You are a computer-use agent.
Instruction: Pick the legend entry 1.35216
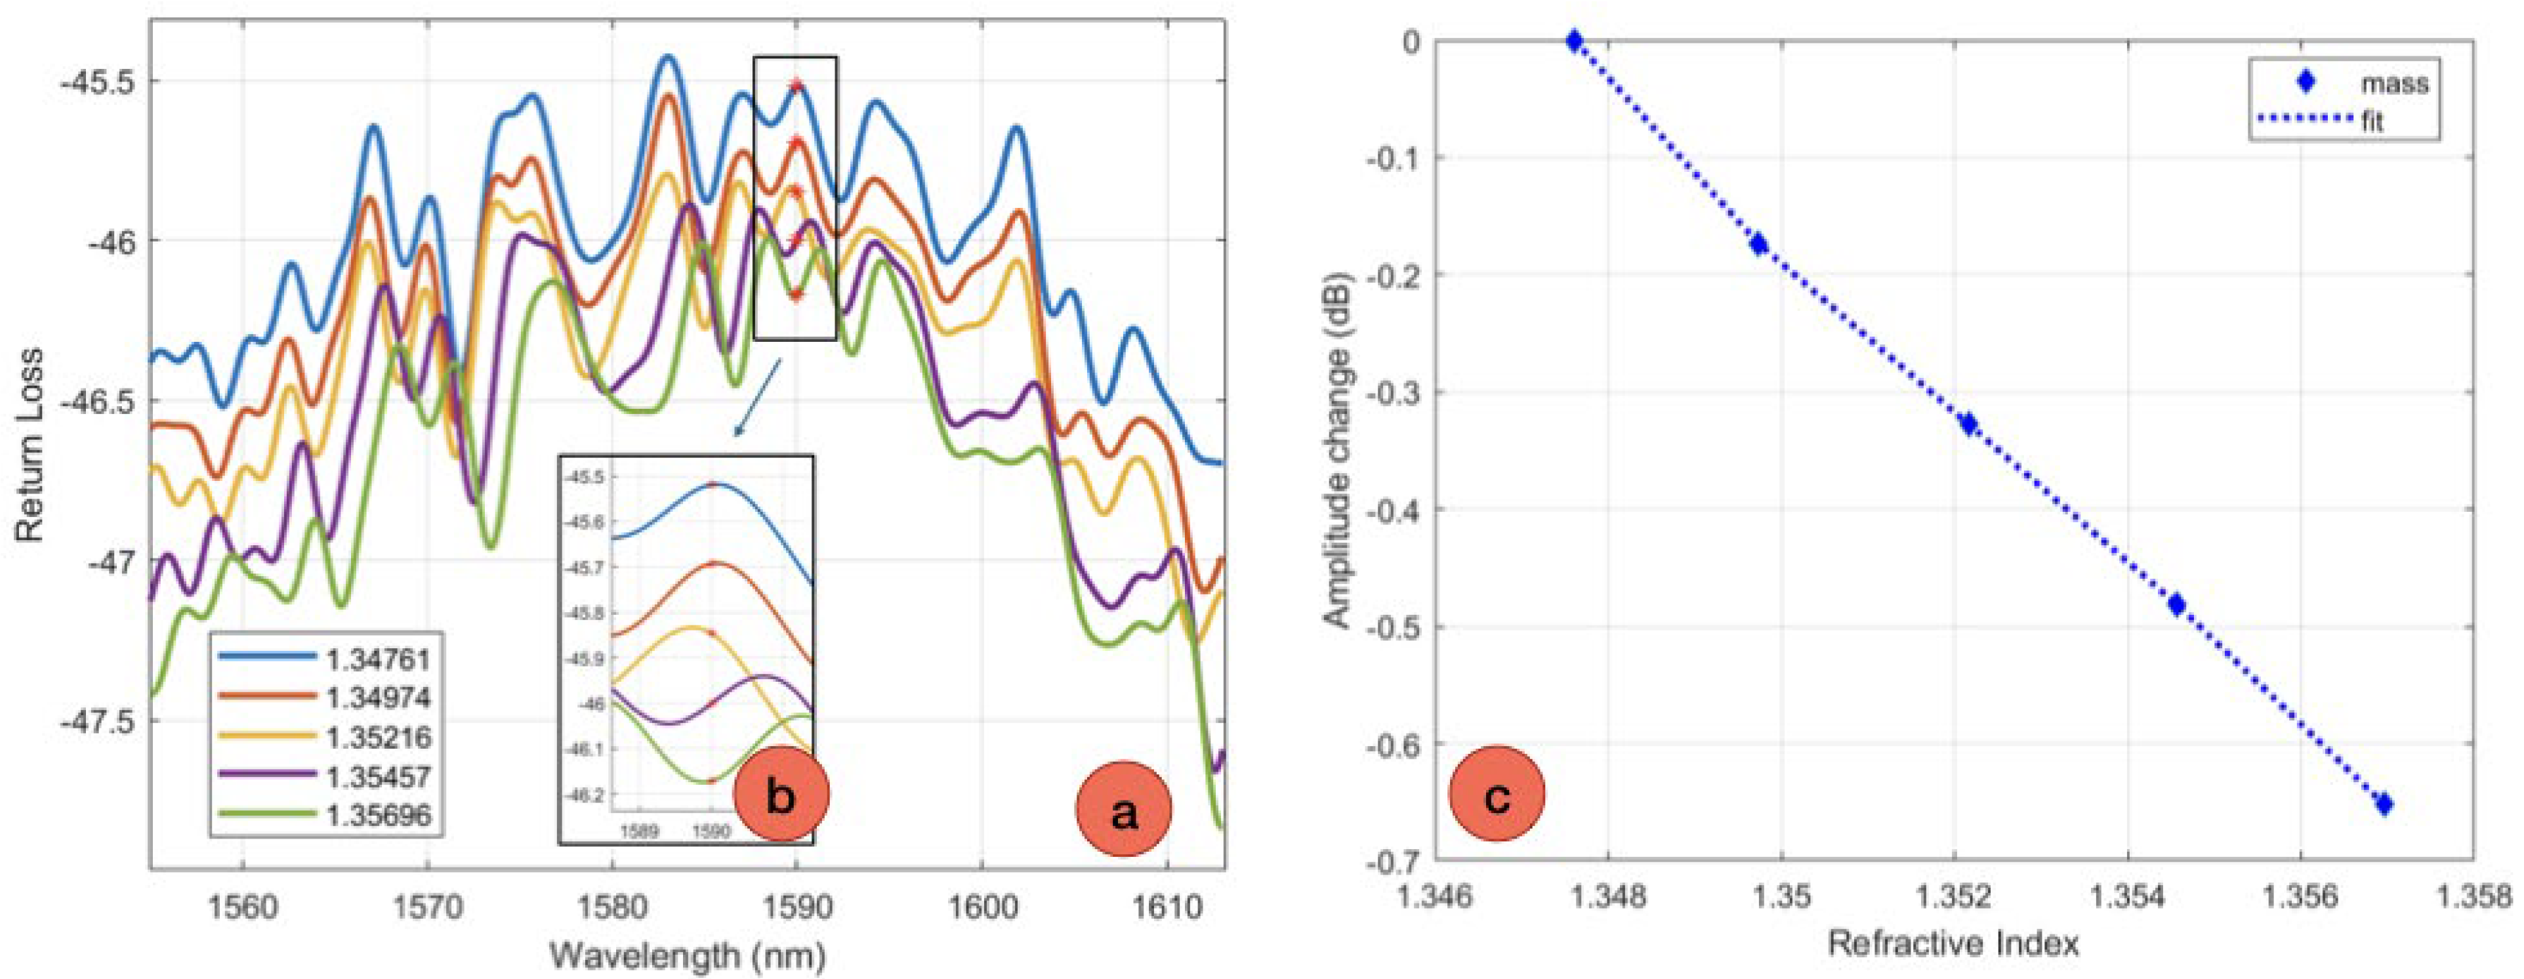point(378,736)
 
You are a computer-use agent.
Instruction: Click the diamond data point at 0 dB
point(1573,41)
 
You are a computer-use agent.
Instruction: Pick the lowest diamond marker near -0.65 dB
point(2384,804)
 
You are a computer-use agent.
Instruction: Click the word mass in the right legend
point(2393,83)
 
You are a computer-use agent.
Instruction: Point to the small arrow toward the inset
point(756,397)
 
